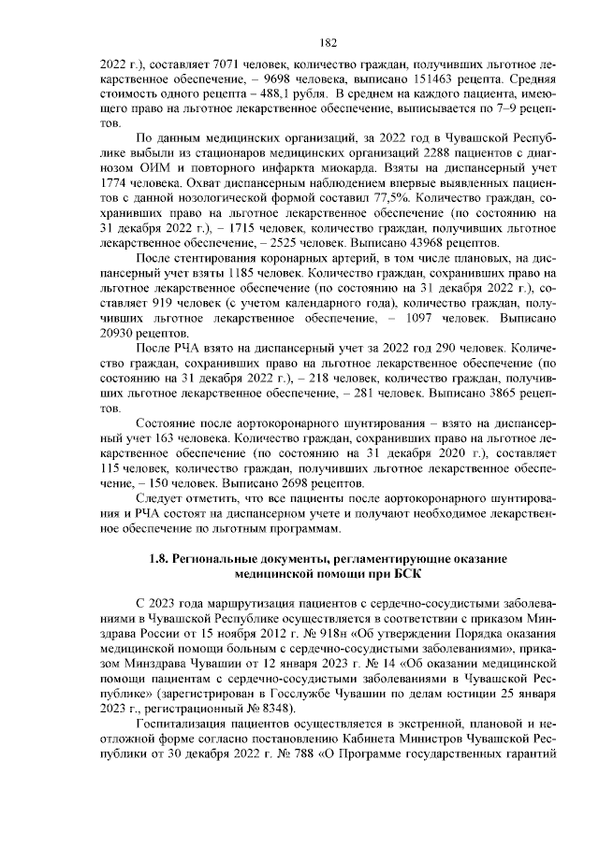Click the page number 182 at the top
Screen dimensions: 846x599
(x=328, y=42)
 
